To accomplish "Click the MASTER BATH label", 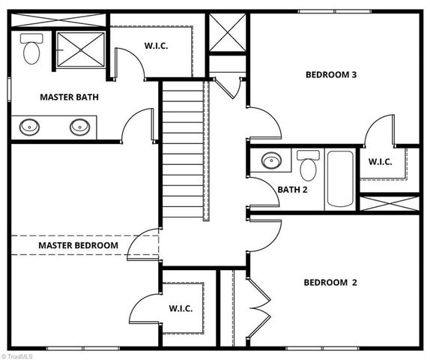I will [x=69, y=97].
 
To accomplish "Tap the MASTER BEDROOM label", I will [x=78, y=245].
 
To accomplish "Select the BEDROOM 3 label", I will [x=330, y=74].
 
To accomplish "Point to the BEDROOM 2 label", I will [x=330, y=283].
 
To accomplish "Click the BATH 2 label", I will [x=293, y=190].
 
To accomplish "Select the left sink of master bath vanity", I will [x=30, y=126].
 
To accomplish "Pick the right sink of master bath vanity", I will [x=79, y=126].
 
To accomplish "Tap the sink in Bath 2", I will [x=270, y=160].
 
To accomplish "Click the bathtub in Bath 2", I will [x=340, y=179].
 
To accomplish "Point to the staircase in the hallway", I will [x=184, y=150].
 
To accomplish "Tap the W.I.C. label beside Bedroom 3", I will [x=380, y=160].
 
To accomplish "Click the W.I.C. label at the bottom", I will [x=181, y=308].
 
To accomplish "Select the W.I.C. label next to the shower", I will [x=156, y=46].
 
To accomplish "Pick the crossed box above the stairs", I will [x=228, y=34].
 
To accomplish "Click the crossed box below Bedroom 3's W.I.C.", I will [x=390, y=202].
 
